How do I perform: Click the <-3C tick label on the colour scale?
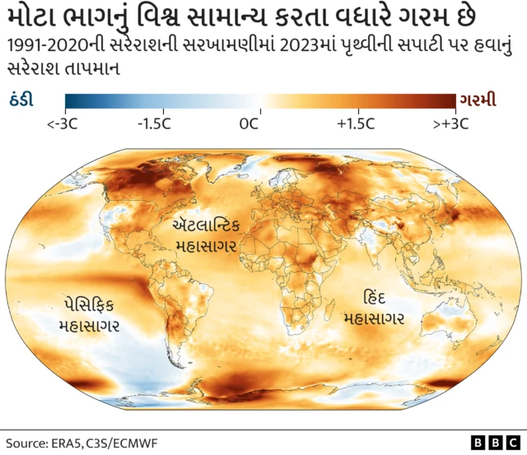[x=64, y=124]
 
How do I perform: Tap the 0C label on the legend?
[x=250, y=124]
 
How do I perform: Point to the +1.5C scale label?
[x=356, y=124]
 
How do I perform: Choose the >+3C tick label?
[x=450, y=124]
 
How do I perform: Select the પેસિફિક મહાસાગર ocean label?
[x=90, y=314]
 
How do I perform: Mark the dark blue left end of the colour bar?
[x=70, y=101]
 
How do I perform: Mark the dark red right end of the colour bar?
[x=450, y=101]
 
